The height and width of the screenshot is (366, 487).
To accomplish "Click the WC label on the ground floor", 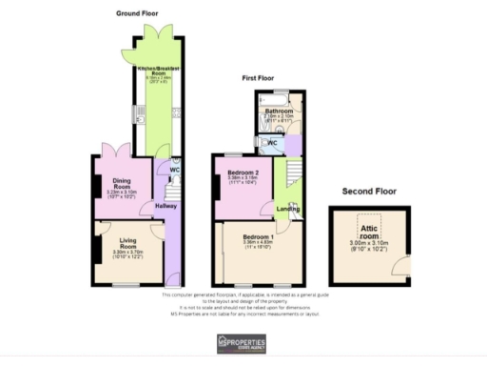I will point(174,171).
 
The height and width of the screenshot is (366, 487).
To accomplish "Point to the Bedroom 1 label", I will point(257,235).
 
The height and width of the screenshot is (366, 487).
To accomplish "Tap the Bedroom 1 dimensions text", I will point(257,245).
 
